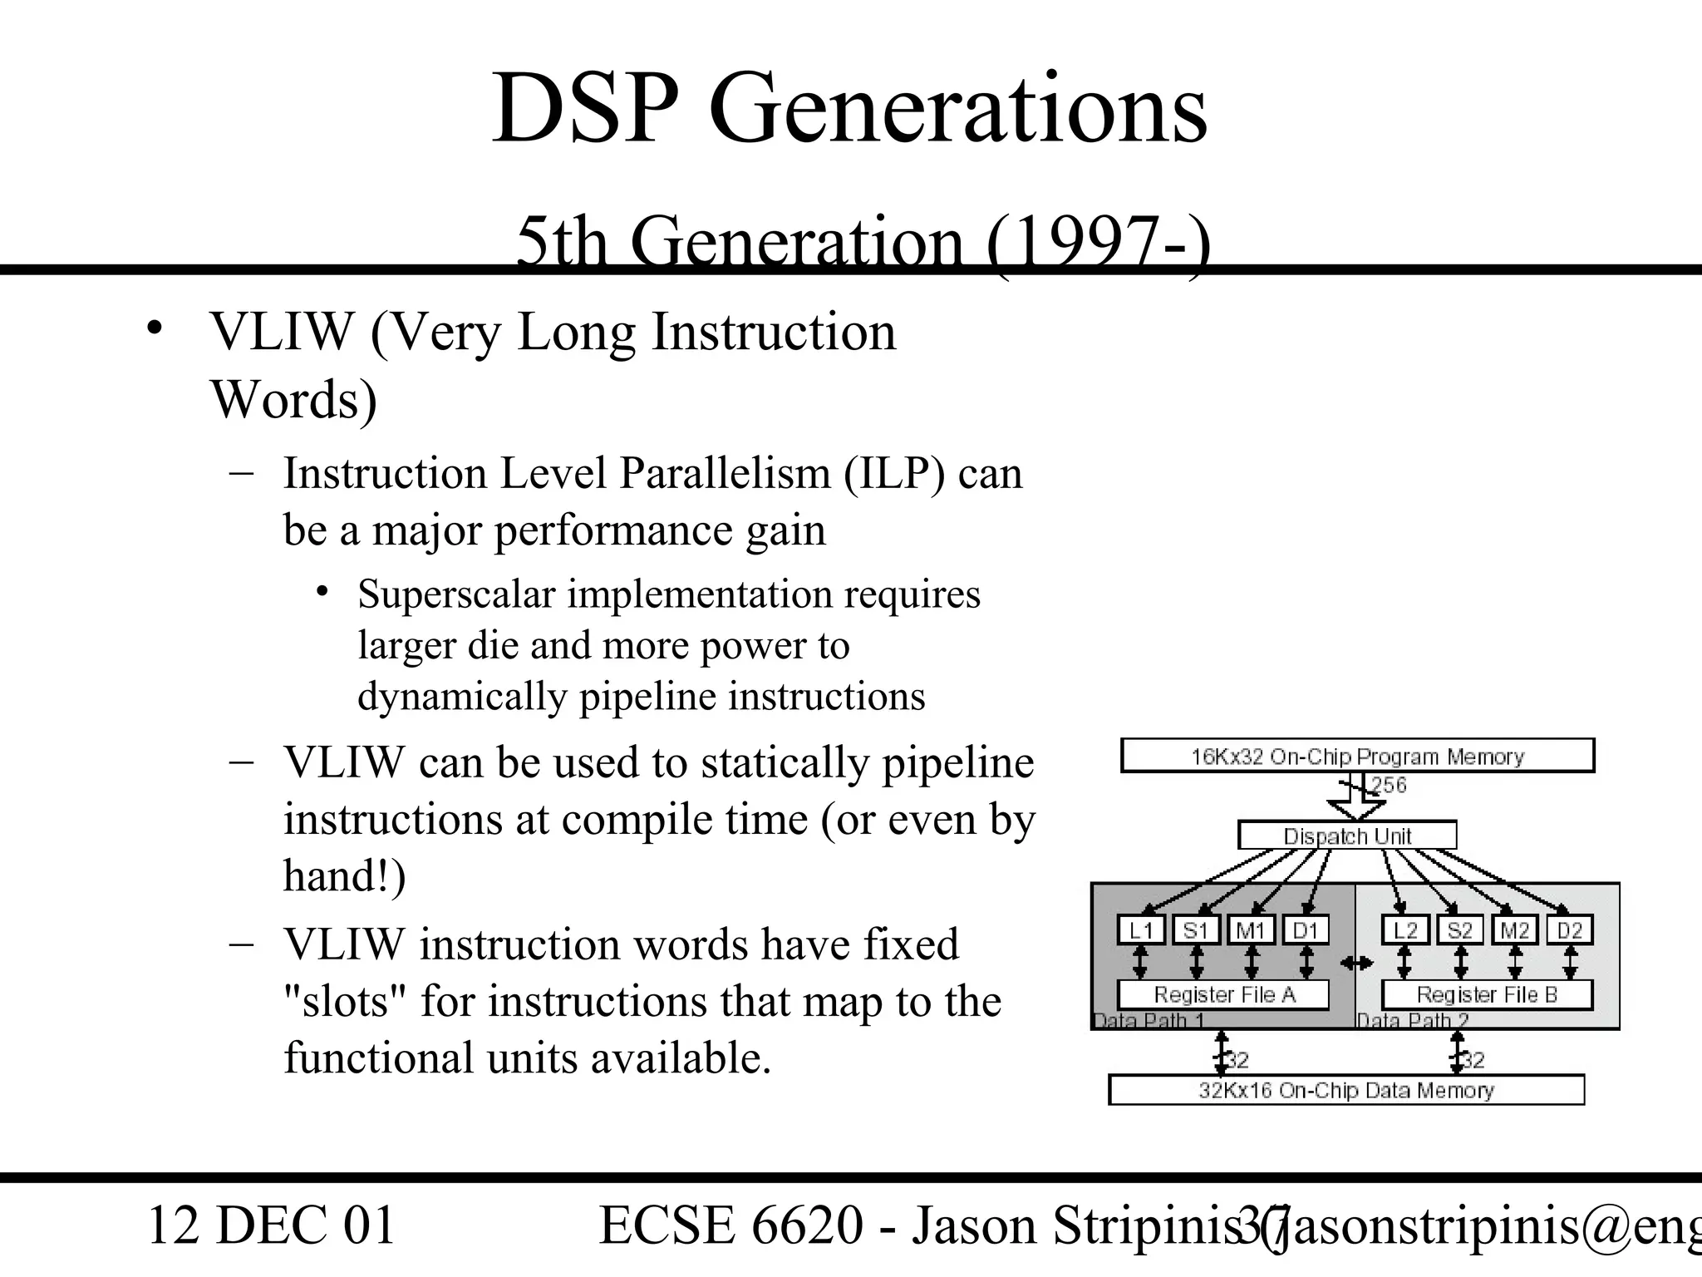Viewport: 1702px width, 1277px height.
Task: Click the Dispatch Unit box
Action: (1347, 836)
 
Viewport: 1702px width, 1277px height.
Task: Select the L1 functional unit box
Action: (1141, 930)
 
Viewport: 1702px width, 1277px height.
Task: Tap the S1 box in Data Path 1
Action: (1196, 930)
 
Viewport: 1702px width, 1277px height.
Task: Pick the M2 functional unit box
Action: (1515, 930)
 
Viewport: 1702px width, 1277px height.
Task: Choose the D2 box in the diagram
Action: (1570, 930)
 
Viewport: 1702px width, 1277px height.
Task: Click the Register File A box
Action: (1223, 994)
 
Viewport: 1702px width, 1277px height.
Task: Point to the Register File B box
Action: (1487, 994)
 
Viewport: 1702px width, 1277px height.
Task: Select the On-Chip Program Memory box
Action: (1357, 756)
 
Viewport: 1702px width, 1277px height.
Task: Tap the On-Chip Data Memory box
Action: (1346, 1090)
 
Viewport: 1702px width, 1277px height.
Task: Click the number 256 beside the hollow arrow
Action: (1389, 785)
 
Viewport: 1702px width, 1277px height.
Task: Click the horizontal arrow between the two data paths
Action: (1356, 963)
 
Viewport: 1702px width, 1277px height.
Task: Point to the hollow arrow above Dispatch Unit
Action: (1355, 801)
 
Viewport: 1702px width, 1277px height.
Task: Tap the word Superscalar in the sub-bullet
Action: (456, 594)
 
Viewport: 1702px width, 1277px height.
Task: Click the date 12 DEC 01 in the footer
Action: (271, 1225)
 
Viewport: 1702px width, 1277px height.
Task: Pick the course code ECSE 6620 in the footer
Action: (731, 1225)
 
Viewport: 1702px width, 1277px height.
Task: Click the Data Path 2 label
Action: (1413, 1021)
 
